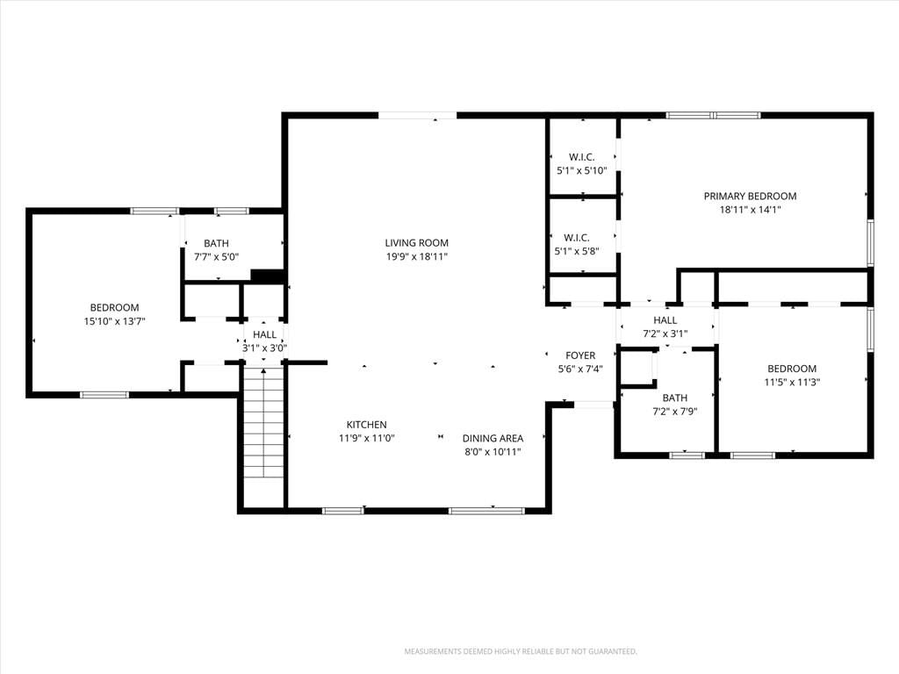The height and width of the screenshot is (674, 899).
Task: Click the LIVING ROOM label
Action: pyautogui.click(x=416, y=243)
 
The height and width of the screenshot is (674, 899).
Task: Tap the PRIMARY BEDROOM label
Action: pyautogui.click(x=750, y=196)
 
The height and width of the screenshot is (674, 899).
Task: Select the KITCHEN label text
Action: pyautogui.click(x=366, y=425)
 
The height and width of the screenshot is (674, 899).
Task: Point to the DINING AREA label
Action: pyautogui.click(x=493, y=439)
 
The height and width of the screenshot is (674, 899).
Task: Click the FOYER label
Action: pyautogui.click(x=580, y=355)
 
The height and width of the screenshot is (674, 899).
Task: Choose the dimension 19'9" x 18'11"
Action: pyautogui.click(x=416, y=257)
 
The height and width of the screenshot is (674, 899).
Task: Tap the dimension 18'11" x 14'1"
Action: pyautogui.click(x=750, y=210)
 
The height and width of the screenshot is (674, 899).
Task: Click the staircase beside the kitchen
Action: pyautogui.click(x=263, y=423)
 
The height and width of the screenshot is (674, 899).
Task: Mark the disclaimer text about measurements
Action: pyautogui.click(x=521, y=652)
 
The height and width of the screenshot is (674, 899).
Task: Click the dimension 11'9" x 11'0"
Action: pyautogui.click(x=366, y=439)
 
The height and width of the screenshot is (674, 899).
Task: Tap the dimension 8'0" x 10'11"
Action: pyautogui.click(x=493, y=452)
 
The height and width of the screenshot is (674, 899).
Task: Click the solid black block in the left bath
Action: pyautogui.click(x=268, y=276)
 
